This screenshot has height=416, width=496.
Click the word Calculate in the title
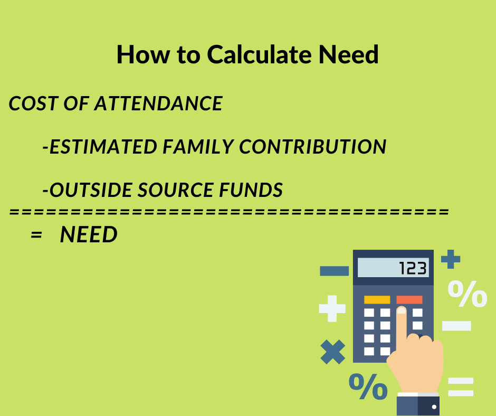(x=260, y=54)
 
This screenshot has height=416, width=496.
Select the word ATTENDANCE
(x=158, y=103)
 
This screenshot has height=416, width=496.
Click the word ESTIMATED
(x=103, y=147)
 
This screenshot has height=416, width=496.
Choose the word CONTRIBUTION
(x=312, y=147)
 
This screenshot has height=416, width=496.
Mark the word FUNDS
(x=251, y=190)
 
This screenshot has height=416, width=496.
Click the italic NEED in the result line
(x=89, y=234)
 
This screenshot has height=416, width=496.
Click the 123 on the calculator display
(x=413, y=268)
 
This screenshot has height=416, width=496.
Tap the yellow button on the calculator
(x=377, y=299)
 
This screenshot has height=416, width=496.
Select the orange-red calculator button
(x=409, y=299)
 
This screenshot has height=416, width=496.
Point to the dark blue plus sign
(x=451, y=259)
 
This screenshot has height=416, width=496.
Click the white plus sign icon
(x=332, y=308)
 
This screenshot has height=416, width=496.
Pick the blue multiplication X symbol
(x=333, y=352)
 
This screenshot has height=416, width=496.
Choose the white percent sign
(x=467, y=294)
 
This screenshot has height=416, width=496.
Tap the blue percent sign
(x=368, y=386)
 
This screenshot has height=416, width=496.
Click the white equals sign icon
(x=461, y=387)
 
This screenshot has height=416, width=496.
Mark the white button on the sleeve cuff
(x=434, y=407)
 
